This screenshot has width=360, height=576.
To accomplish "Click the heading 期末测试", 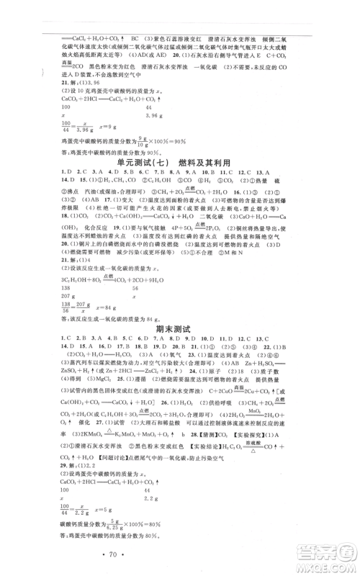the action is pyautogui.click(x=179, y=329).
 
